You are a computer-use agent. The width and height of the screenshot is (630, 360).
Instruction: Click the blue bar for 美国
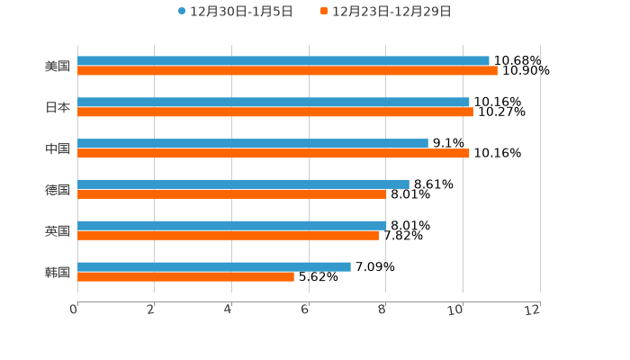(283, 61)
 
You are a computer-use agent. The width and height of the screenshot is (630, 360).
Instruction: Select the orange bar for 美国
(287, 71)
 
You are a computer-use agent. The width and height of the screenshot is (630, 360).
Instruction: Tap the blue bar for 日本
(274, 103)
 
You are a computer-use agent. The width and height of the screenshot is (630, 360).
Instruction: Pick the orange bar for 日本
(275, 112)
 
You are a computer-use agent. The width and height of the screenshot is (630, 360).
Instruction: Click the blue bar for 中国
(253, 144)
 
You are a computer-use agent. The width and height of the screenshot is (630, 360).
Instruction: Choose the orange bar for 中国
(274, 154)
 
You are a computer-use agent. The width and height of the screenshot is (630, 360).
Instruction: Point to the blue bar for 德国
(243, 184)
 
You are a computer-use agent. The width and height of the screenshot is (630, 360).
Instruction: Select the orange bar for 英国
(228, 236)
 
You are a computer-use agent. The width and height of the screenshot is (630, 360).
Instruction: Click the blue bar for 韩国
(214, 266)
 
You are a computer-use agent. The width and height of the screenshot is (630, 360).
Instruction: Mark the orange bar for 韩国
(185, 276)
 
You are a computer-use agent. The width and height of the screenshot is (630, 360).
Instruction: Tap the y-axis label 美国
(58, 67)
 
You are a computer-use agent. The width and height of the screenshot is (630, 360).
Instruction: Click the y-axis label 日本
(58, 107)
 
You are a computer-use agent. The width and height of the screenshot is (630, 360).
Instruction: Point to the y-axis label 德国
(58, 190)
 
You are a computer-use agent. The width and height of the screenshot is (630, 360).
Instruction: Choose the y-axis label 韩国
(58, 272)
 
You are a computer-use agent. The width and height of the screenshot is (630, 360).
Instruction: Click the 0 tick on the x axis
(75, 310)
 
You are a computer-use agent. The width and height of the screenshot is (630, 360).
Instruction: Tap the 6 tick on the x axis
(306, 310)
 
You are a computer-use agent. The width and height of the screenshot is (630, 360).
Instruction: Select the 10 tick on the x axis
(458, 310)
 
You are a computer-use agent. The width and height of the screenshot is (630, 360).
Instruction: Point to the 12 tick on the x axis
(534, 310)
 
